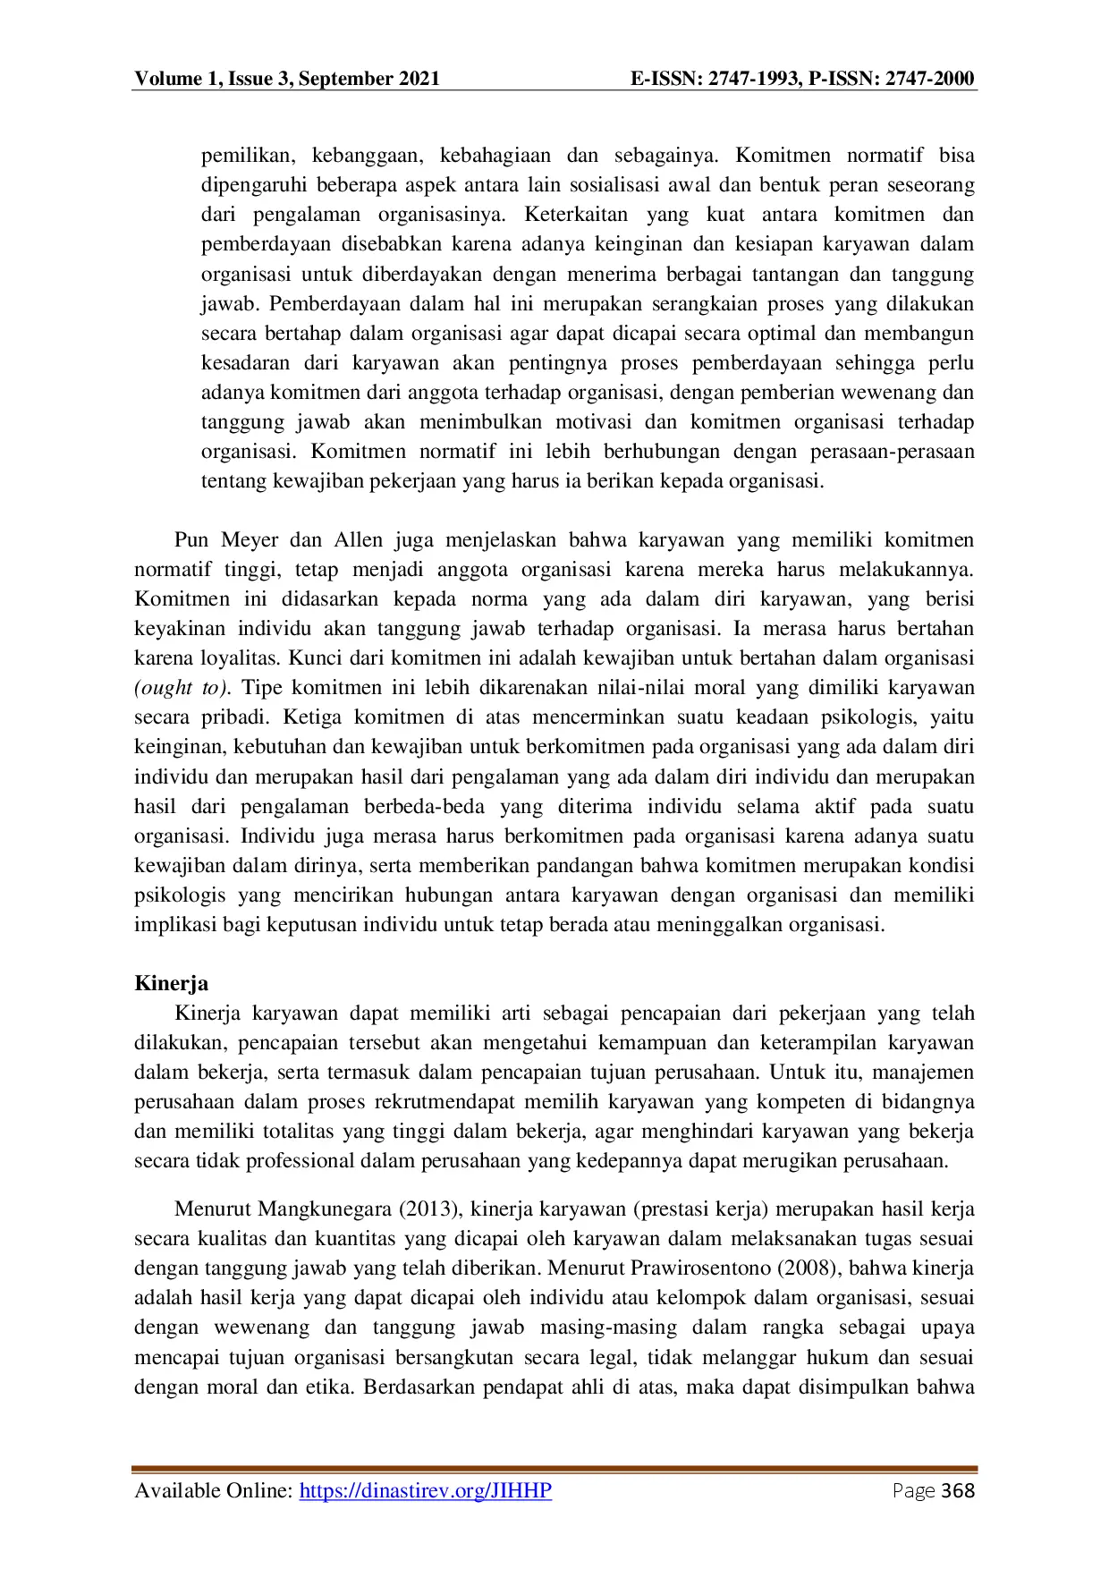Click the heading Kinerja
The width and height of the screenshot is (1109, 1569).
(x=171, y=983)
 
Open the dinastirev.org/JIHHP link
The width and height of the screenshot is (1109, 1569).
(x=425, y=1490)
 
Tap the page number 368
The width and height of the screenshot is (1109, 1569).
(x=958, y=1490)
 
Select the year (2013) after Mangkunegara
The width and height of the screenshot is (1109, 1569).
(x=430, y=1209)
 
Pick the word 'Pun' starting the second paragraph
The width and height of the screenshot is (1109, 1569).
(x=191, y=540)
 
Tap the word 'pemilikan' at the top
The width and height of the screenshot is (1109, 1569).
(x=246, y=156)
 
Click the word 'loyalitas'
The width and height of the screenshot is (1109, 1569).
(x=241, y=658)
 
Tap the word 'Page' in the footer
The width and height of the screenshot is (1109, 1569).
(x=912, y=1490)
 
